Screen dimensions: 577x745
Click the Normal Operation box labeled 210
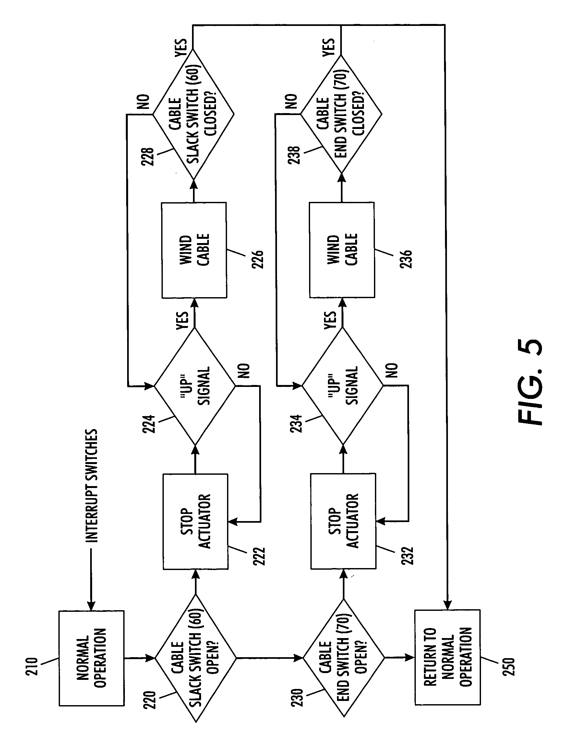(x=91, y=658)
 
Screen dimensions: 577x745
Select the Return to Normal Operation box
(x=448, y=657)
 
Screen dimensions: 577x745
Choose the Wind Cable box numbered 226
(x=194, y=250)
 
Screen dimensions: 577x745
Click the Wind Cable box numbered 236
(x=342, y=250)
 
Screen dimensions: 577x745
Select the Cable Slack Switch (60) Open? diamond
(x=196, y=658)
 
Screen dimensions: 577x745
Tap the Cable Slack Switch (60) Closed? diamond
(x=193, y=114)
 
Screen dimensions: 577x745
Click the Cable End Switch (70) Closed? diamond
(x=341, y=114)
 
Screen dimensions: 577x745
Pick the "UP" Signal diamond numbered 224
(x=195, y=386)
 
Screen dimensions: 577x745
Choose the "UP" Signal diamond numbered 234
(x=343, y=386)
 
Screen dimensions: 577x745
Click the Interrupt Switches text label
(x=91, y=486)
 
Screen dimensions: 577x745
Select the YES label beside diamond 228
(x=181, y=47)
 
